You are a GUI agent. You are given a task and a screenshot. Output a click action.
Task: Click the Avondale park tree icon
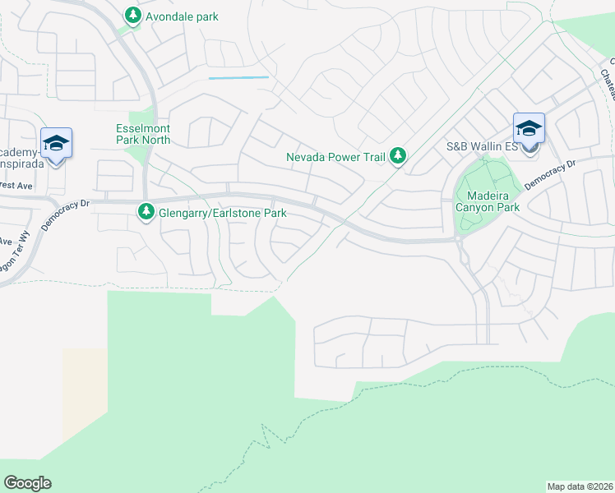pyautogui.click(x=132, y=16)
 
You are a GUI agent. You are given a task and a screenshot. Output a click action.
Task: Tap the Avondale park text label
pyautogui.click(x=183, y=16)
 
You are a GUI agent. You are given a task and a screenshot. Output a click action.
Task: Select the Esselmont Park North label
pyautogui.click(x=142, y=134)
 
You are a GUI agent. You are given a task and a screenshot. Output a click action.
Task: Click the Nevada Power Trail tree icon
pyautogui.click(x=398, y=155)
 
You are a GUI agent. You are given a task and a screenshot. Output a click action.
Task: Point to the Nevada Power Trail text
pyautogui.click(x=336, y=156)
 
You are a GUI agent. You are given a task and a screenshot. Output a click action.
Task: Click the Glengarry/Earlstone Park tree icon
pyautogui.click(x=146, y=213)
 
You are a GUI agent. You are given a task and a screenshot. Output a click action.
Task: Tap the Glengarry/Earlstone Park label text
pyautogui.click(x=221, y=213)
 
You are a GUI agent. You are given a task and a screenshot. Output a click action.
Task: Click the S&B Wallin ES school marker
pyautogui.click(x=529, y=130)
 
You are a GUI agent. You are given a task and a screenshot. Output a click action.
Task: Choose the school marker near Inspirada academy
pyautogui.click(x=56, y=145)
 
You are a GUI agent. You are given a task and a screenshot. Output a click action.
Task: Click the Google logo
pyautogui.click(x=27, y=483)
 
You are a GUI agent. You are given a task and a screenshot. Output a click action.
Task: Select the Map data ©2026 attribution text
pyautogui.click(x=580, y=486)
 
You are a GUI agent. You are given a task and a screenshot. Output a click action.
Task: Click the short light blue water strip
pyautogui.click(x=238, y=77)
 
